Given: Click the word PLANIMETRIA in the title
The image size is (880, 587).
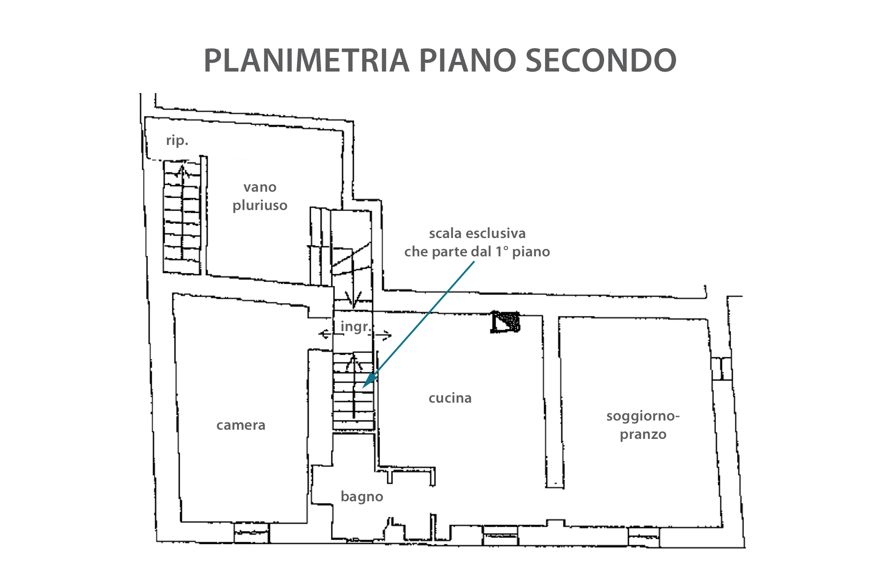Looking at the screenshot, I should click(x=306, y=61).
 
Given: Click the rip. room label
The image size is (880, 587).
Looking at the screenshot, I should click(x=177, y=140).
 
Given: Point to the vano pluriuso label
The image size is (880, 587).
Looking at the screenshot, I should click(x=260, y=196).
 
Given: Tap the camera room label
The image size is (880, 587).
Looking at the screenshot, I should click(x=241, y=426).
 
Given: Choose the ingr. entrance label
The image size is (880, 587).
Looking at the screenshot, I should click(x=355, y=327).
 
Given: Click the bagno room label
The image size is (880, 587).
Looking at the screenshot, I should click(x=362, y=497).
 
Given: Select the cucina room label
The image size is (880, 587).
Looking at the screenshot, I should click(x=450, y=398).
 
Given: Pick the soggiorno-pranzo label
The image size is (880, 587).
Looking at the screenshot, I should click(x=643, y=425).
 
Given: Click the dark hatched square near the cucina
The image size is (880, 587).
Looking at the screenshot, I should click(x=506, y=321).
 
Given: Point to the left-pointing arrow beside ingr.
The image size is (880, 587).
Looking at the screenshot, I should click(x=325, y=334).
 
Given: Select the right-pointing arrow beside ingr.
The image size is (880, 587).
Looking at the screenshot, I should click(x=384, y=336).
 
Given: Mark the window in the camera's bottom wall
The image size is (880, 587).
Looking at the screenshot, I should click(x=252, y=533).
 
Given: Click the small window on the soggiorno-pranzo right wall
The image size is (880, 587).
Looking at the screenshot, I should click(x=721, y=368).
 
